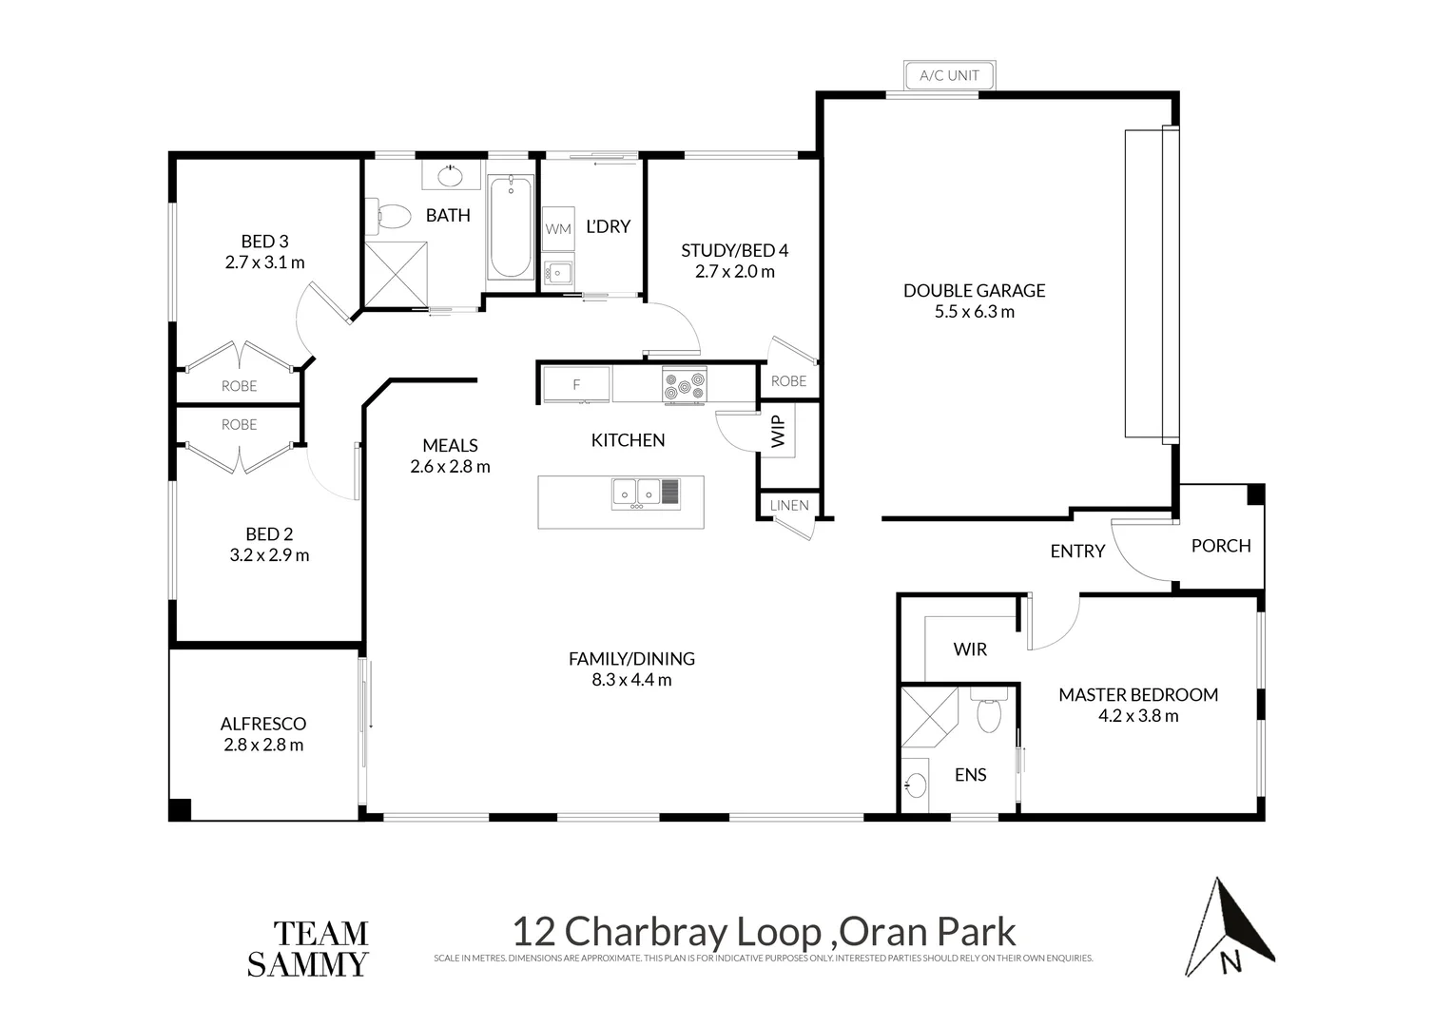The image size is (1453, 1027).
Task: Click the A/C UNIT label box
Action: pos(949,75)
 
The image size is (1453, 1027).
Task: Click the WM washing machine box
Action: pos(558,228)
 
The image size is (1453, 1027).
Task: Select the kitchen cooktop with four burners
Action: pos(685,385)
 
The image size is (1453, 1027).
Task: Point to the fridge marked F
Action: pos(576,385)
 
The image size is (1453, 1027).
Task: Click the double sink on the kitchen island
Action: pos(637,493)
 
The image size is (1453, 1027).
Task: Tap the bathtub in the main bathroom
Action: pos(511,226)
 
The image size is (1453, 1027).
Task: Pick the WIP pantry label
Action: pos(778,431)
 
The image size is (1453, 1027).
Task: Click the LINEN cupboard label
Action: pos(788,505)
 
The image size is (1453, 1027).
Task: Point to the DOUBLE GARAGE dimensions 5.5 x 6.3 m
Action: pos(974,312)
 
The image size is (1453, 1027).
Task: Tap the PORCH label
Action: pos(1220,546)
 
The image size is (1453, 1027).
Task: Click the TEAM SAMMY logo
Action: pos(307,949)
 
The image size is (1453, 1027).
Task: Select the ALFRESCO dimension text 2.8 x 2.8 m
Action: pos(263,745)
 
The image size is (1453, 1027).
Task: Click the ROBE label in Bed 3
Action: pos(239,386)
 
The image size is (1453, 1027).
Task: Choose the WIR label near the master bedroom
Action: pos(970,649)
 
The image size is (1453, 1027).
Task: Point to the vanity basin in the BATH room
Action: pos(450,177)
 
